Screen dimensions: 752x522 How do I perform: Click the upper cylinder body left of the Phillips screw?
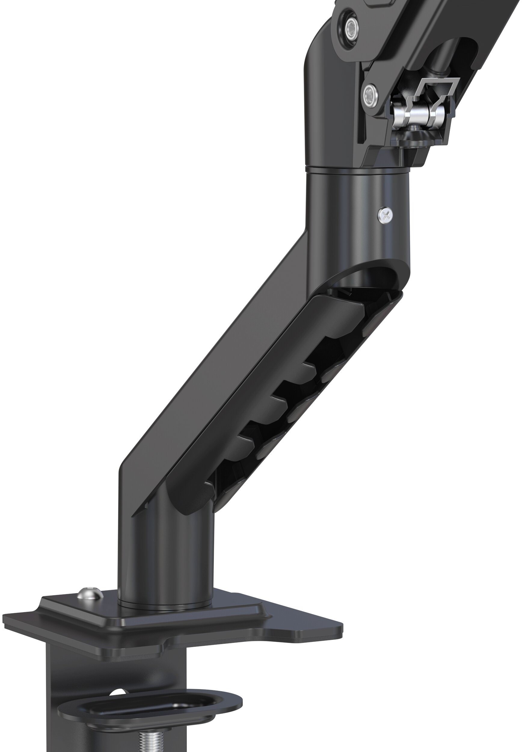[x=340, y=213]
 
